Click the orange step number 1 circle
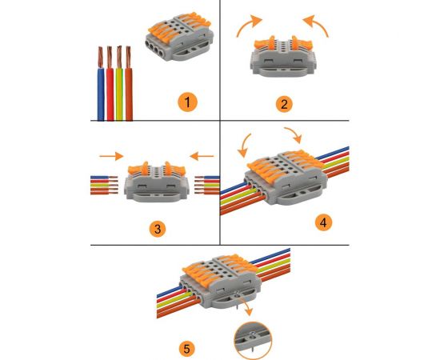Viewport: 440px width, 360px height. (187, 102)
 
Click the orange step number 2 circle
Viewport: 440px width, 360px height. (284, 104)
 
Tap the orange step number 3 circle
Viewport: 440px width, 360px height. (158, 229)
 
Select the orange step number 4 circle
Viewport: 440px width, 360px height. (323, 222)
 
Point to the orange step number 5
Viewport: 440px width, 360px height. (187, 349)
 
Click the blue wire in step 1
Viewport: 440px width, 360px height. (101, 84)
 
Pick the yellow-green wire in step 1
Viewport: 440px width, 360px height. (119, 84)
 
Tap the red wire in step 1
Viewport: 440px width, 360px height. (110, 84)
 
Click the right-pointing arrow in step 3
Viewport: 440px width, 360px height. (111, 156)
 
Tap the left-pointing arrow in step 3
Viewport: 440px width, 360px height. (202, 156)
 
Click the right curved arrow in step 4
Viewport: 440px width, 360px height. (295, 133)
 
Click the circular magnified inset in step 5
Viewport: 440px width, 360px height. (253, 340)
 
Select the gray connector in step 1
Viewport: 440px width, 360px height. (179, 37)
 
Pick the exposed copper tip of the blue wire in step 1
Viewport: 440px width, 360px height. (100, 58)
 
